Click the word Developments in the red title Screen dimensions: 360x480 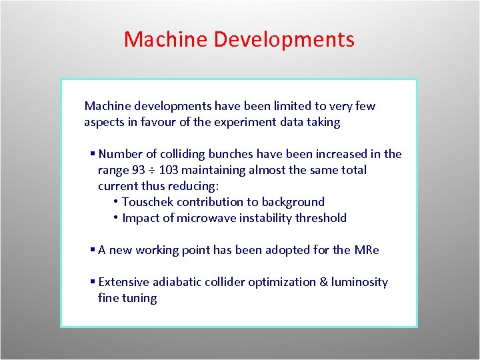click(x=285, y=39)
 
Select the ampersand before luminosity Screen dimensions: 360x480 click(x=324, y=282)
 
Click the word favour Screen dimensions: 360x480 click(x=161, y=122)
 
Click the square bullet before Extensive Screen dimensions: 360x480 click(x=93, y=283)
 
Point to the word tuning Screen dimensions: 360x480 click(x=139, y=298)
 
